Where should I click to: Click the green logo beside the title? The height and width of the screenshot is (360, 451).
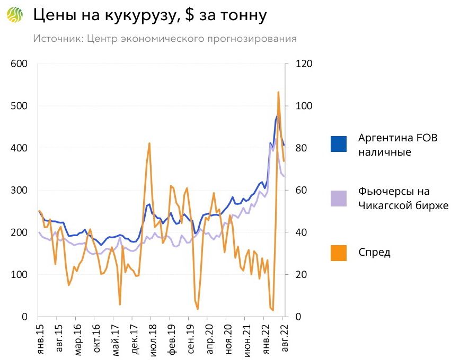[15, 15]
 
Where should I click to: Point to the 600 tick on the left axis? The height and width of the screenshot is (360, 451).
[19, 64]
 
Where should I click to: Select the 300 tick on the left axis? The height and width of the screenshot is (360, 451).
[19, 191]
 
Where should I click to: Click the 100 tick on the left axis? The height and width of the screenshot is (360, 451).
[19, 275]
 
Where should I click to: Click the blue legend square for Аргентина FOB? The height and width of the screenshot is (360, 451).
[338, 144]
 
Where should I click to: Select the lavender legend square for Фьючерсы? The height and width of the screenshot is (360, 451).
[338, 199]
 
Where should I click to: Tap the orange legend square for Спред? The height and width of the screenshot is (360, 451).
[338, 253]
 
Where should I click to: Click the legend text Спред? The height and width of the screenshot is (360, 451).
[374, 253]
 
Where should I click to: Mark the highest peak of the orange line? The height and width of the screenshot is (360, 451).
[278, 92]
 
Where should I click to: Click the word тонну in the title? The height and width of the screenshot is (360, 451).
[242, 16]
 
